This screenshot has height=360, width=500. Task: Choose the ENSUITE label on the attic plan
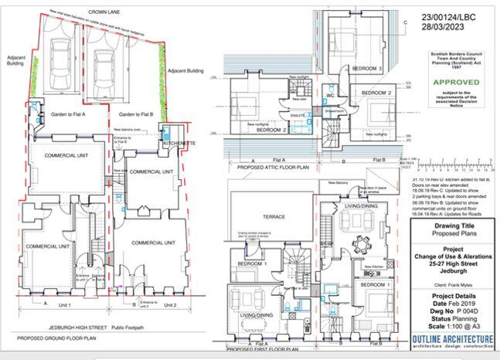[298, 115]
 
